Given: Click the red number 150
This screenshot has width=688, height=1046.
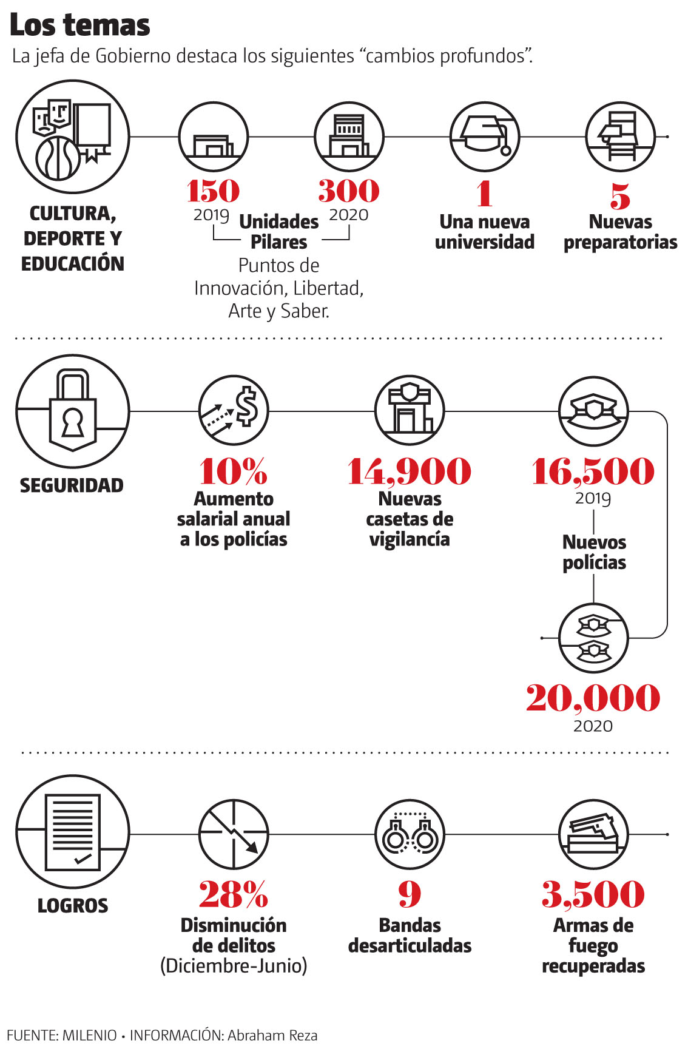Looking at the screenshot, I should pos(213,191).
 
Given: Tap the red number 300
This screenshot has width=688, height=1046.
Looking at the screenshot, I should pos(349,191).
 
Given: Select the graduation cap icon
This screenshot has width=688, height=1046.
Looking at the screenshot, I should pos(485,137).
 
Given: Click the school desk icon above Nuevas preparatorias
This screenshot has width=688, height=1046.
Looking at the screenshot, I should pos(620,137).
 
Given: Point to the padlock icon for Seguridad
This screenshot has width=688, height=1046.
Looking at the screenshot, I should pos(72,411).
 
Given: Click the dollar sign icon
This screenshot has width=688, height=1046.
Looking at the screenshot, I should pos(234,410).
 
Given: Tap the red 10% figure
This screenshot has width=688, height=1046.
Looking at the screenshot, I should pos(234,471).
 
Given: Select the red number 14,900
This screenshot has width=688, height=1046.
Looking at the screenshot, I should pos(410,471).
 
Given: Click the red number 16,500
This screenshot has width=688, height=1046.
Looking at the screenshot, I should pos(593,471).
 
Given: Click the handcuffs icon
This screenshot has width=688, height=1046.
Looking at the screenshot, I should pos(410,834).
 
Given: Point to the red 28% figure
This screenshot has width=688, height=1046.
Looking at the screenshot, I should pos(234,894).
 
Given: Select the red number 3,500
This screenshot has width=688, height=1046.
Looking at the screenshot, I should pos(593,894).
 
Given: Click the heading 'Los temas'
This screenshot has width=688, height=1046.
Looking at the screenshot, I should pos(80,25).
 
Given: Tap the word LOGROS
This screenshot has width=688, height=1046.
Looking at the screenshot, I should pos(73,906).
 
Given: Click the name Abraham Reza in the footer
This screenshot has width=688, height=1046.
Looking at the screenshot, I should pos(272,1035).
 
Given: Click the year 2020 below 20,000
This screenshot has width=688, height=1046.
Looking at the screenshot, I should pos(593,726).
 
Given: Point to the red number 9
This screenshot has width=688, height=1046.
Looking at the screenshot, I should pos(410,894).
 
